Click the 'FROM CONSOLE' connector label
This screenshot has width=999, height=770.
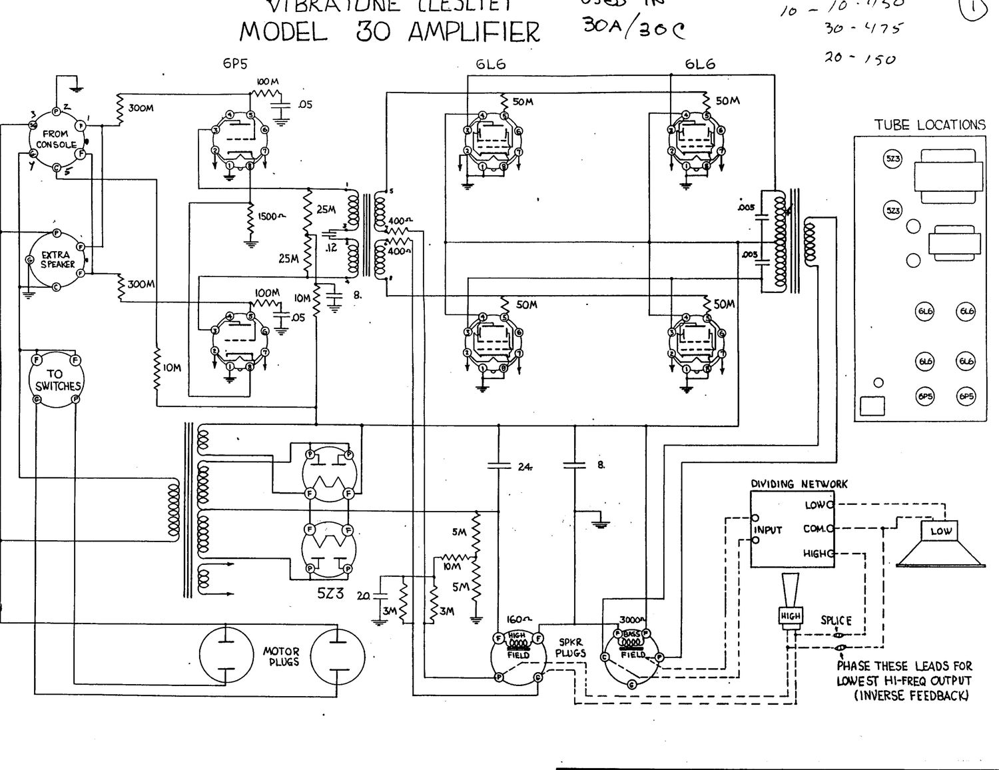coord(56,139)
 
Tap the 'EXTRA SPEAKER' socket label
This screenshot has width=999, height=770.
coord(58,259)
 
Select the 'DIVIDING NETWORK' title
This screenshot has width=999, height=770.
coord(799,484)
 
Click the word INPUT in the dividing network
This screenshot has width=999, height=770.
coord(768,530)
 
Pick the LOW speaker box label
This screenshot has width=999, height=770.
coord(940,531)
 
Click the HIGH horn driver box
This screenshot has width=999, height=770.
coord(791,616)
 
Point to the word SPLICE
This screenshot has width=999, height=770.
coord(836,621)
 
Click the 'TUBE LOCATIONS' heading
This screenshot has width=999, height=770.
coord(929,125)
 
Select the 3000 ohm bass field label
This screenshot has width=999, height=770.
coord(631,619)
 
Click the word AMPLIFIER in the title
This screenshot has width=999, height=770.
coord(474,31)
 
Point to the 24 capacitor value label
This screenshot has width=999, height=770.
coord(524,467)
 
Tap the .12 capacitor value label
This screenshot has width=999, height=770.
coord(330,247)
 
